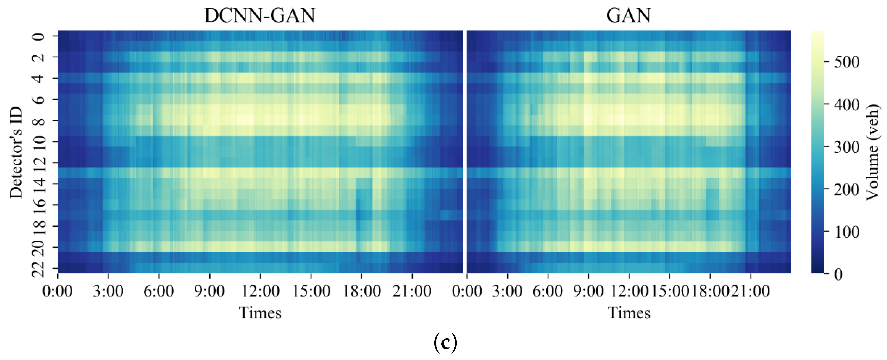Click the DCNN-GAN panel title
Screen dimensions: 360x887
260,15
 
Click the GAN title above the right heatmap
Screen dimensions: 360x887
628,15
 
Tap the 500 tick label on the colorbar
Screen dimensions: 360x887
846,62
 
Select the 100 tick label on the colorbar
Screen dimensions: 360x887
846,232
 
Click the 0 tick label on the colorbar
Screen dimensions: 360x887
838,274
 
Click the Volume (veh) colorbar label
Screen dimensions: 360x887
873,152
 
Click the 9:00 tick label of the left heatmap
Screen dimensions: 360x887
209,291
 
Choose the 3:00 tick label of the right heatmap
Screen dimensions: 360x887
507,291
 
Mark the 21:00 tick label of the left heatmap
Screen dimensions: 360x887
412,291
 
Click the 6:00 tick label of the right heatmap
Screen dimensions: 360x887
547,291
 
